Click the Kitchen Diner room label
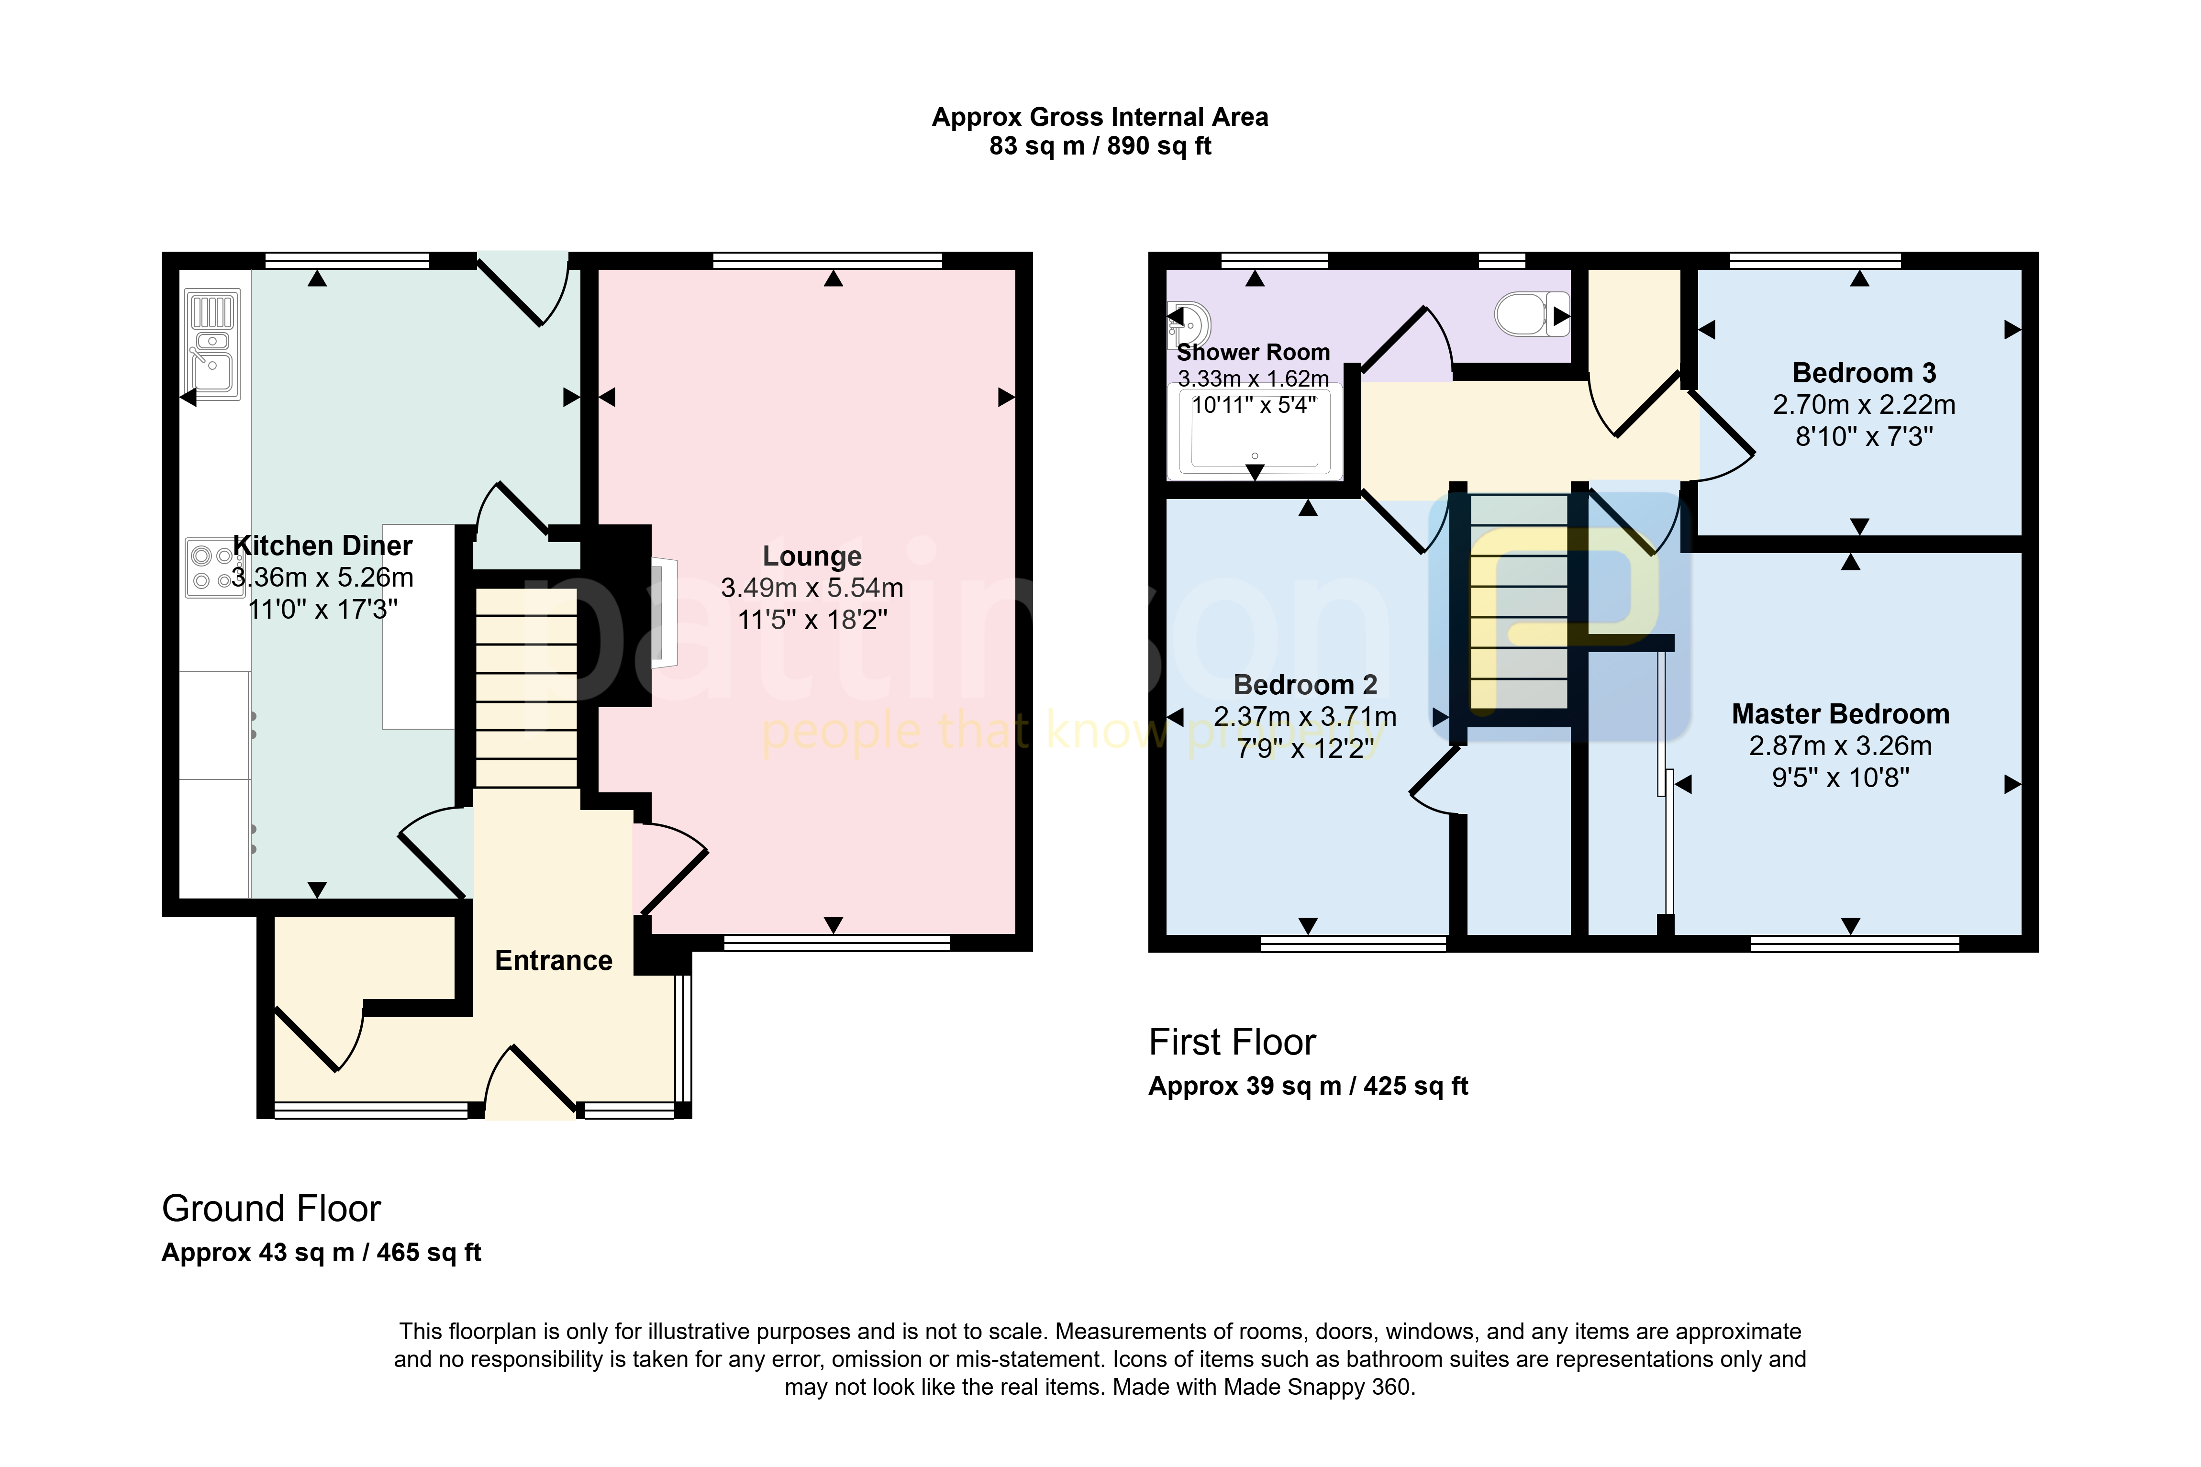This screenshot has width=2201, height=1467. pyautogui.click(x=322, y=545)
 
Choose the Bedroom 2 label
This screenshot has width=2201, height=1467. pyautogui.click(x=1306, y=685)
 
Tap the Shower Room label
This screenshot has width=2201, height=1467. pyautogui.click(x=1254, y=353)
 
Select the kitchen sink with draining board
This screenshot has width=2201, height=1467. pyautogui.click(x=213, y=345)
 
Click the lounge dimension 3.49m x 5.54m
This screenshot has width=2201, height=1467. pyautogui.click(x=812, y=588)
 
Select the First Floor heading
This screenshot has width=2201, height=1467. pyautogui.click(x=1232, y=1042)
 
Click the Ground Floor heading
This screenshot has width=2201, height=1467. pyautogui.click(x=271, y=1209)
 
